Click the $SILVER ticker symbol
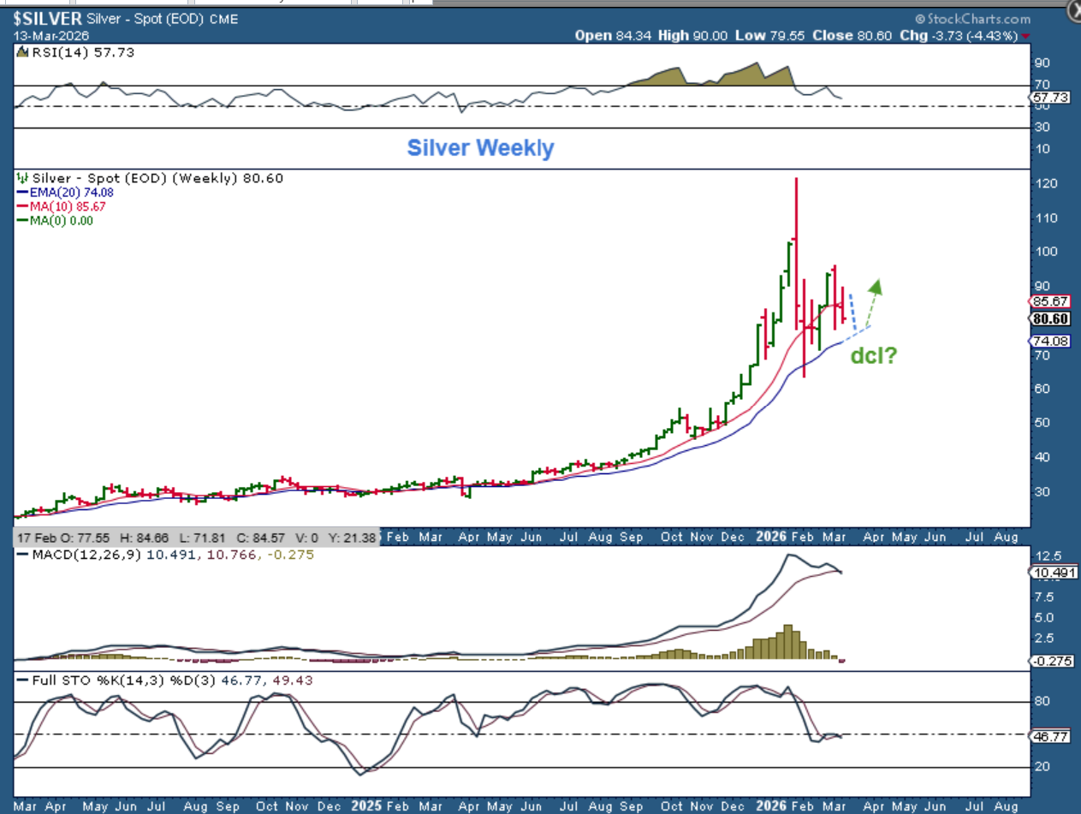pos(47,19)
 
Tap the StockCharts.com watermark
pos(973,19)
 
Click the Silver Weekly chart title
pos(480,148)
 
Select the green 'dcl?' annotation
pos(873,355)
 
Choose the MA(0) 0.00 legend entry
pos(59,220)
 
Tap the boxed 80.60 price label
pos(1052,319)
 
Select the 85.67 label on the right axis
pos(1052,302)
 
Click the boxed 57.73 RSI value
pos(1052,98)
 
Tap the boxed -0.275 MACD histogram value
pos(1052,661)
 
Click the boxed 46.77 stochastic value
pos(1052,735)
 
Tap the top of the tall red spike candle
pos(797,179)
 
